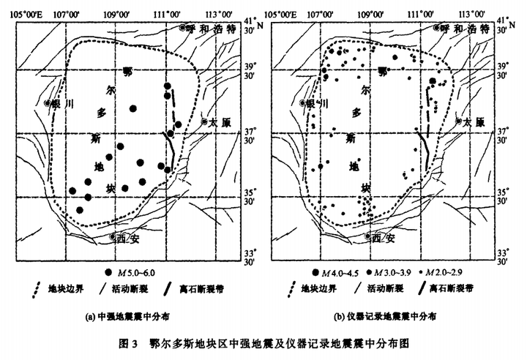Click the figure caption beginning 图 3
coord(263,342)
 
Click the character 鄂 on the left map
coord(128,72)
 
